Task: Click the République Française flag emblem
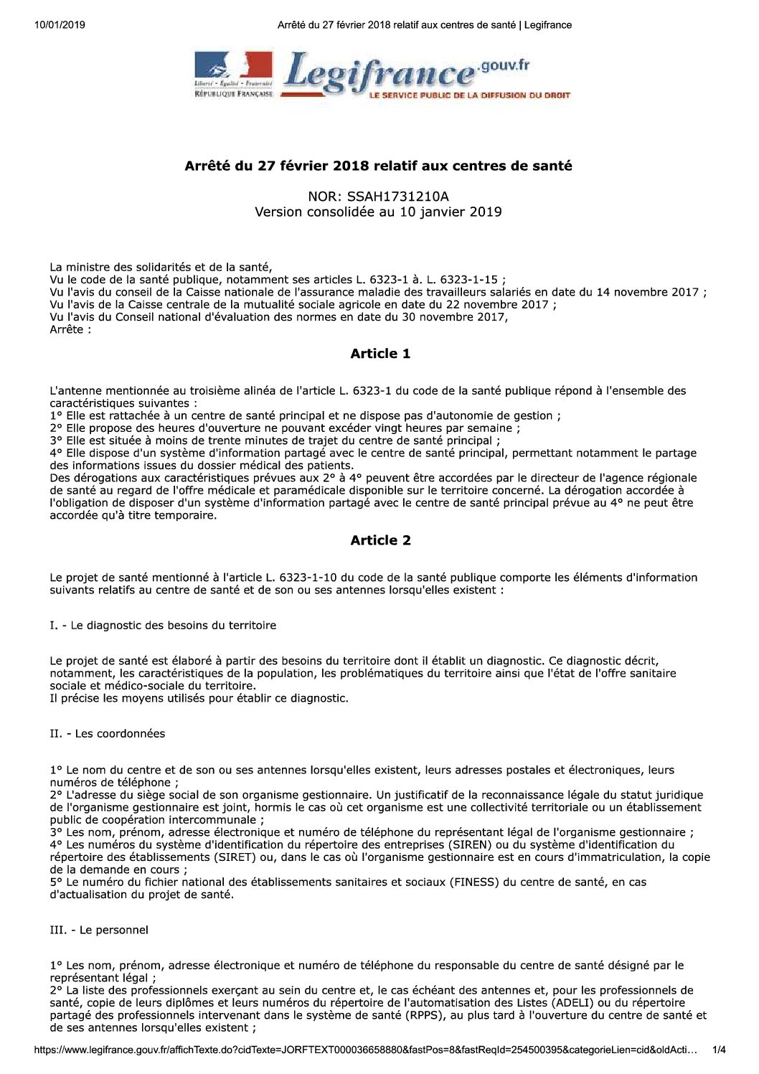234,70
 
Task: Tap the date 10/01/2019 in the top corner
60,25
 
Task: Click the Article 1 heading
380,354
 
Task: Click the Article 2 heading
380,540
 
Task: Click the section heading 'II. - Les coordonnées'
108,733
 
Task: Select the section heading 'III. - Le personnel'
99,930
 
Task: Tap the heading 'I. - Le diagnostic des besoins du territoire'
163,625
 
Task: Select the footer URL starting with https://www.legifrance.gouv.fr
366,1050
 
